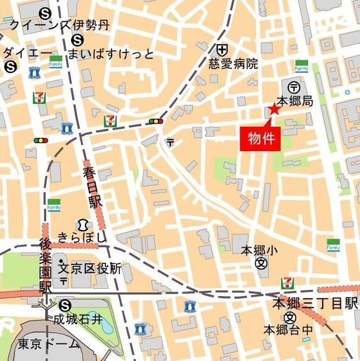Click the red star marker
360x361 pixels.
point(274,109)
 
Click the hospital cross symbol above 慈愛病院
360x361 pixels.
point(223,50)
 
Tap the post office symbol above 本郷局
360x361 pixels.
point(294,87)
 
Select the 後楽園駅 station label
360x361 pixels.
point(46,265)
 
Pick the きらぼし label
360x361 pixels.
point(81,237)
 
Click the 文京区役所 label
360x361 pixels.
point(90,268)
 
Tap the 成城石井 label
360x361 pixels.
point(78,320)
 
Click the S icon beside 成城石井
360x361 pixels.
point(65,305)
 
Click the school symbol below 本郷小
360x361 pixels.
point(261,263)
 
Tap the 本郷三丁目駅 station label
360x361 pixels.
point(315,303)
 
